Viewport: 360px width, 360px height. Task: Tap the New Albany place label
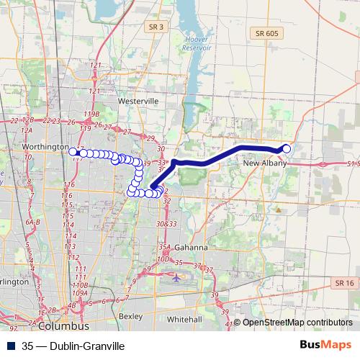coord(264,163)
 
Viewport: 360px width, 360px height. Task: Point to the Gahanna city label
coord(191,248)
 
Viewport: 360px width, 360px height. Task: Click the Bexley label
coord(130,315)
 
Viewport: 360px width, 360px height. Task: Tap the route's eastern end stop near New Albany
coord(287,148)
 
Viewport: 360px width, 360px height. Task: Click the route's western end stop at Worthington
coord(73,152)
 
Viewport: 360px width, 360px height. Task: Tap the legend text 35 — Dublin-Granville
coord(68,346)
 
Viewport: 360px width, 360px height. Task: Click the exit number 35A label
coord(165,247)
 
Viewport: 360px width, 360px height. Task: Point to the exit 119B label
coord(91,114)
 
